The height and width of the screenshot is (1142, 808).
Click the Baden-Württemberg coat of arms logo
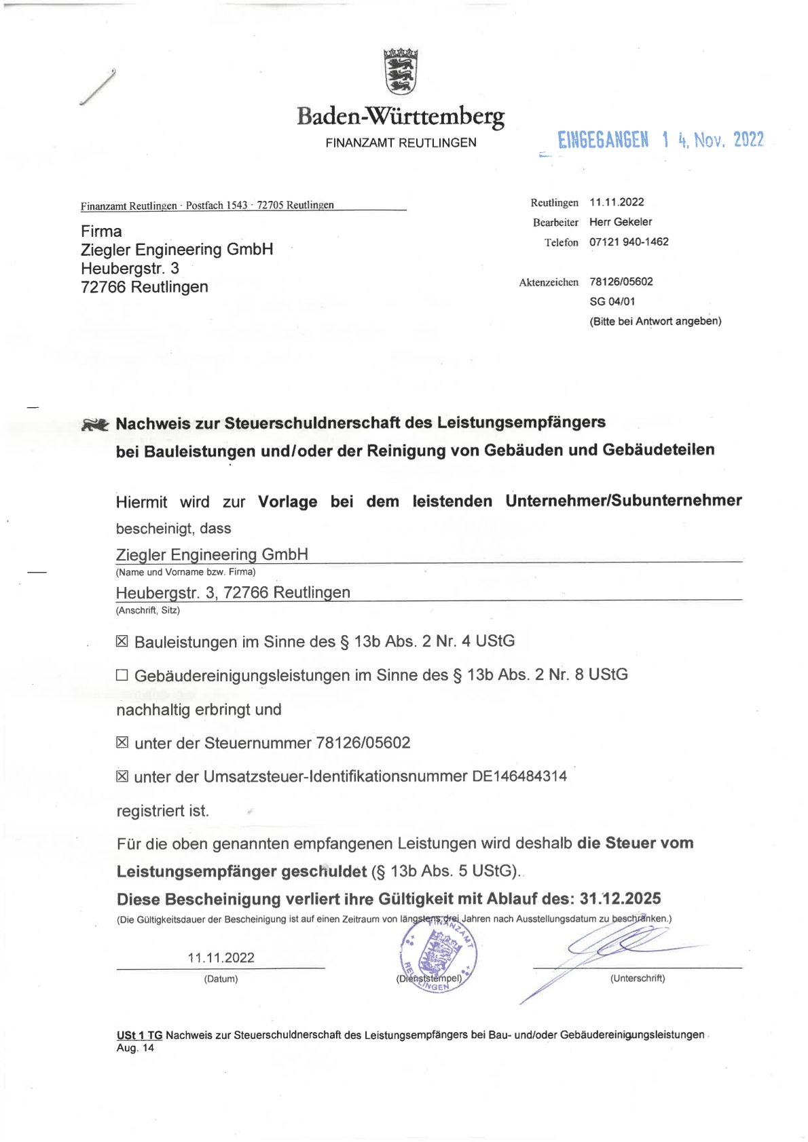[x=401, y=71]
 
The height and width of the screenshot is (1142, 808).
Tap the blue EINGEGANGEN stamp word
[x=603, y=140]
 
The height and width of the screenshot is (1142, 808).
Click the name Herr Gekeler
[x=621, y=222]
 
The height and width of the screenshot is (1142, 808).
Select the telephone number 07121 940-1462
[x=629, y=242]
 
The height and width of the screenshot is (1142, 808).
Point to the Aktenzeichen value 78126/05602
[x=621, y=282]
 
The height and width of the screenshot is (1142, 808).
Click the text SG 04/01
[x=612, y=301]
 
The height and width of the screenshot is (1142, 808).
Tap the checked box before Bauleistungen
[x=122, y=641]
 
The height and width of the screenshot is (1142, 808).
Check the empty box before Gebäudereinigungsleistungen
[x=122, y=675]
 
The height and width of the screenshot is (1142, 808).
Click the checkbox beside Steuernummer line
[x=122, y=742]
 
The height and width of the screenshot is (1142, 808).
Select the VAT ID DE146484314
[x=519, y=776]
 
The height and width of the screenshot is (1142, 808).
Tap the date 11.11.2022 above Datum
[x=221, y=958]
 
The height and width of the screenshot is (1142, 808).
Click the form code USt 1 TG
[x=139, y=1035]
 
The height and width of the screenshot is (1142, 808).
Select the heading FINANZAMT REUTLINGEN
[x=401, y=143]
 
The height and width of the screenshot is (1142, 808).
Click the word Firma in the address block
[x=101, y=231]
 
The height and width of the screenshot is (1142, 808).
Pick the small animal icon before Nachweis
[x=95, y=425]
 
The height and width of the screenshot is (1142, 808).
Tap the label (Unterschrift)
[x=637, y=978]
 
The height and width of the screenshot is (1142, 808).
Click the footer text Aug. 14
[x=135, y=1048]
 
